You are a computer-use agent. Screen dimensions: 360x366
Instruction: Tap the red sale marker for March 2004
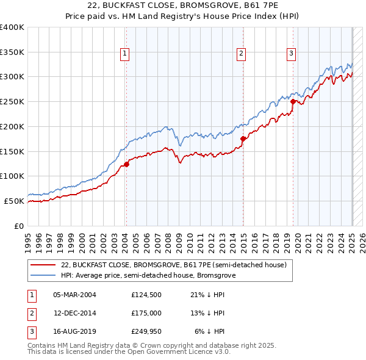127,164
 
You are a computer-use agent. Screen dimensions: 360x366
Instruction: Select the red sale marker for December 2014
243,139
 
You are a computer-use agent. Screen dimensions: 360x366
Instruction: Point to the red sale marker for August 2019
293,102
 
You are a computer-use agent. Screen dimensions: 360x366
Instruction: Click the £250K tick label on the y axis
12,101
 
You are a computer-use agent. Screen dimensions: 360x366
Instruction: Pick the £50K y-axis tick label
14,201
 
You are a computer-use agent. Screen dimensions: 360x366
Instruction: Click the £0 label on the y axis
20,226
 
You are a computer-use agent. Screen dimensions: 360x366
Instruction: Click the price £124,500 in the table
146,295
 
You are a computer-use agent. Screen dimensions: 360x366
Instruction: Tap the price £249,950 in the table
146,331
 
